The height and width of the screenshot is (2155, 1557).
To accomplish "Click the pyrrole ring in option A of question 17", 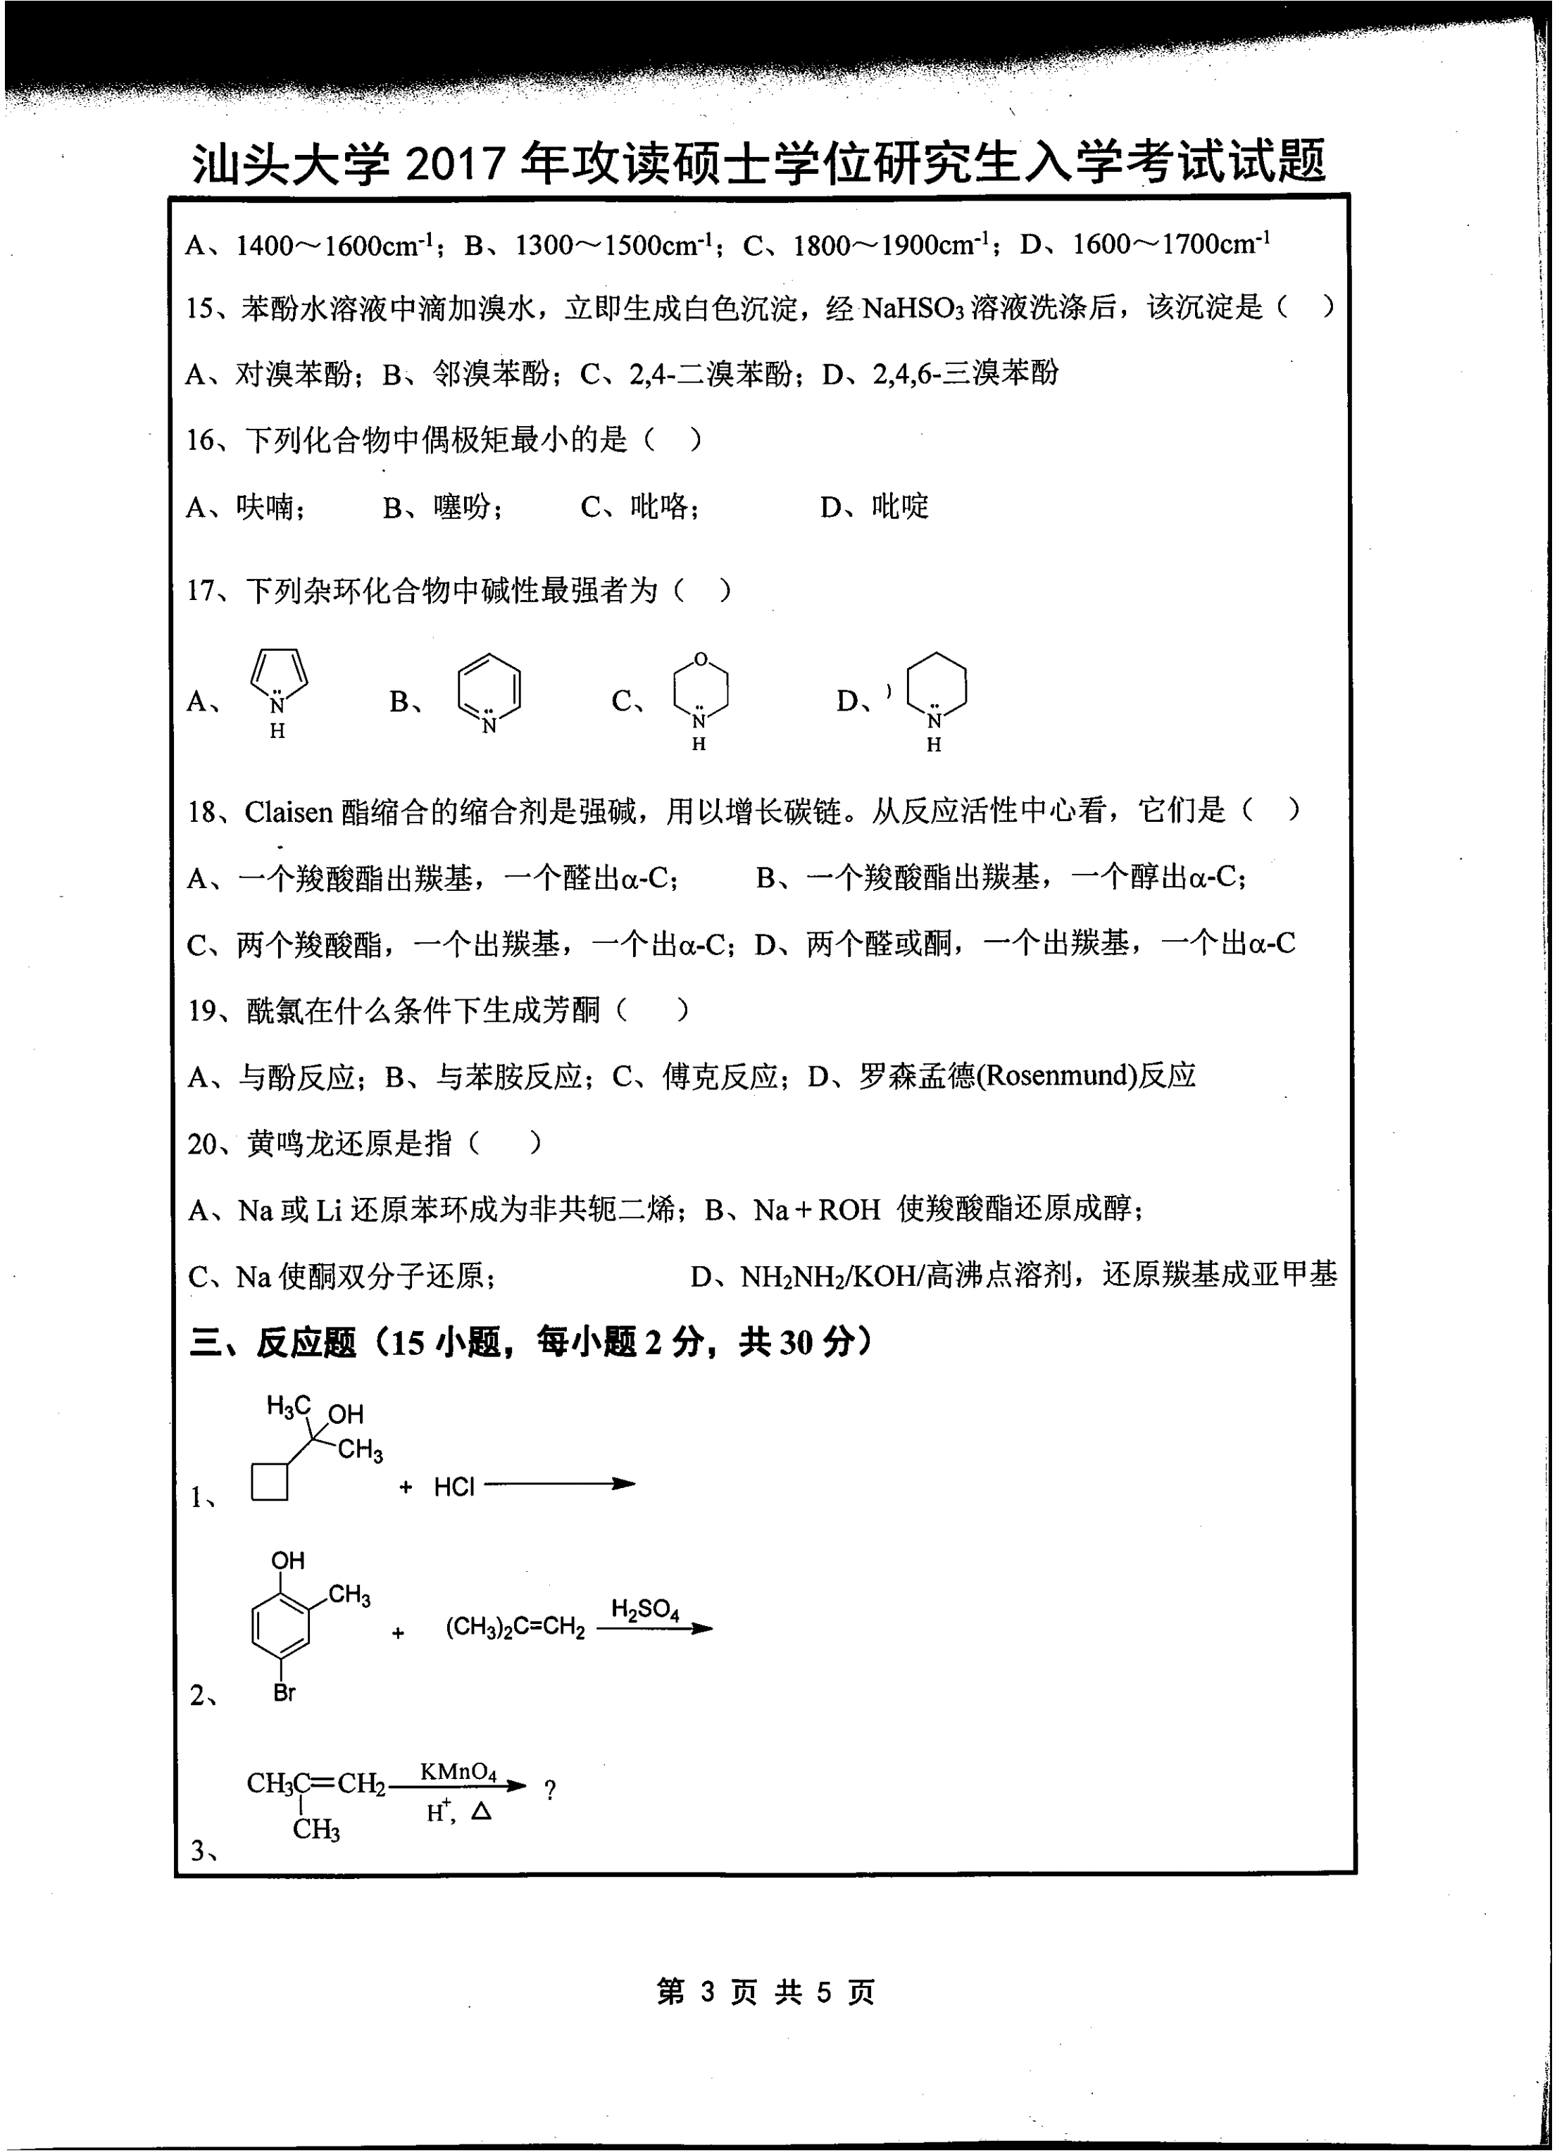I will click(x=278, y=675).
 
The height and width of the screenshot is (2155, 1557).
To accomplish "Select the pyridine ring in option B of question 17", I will click(x=489, y=687).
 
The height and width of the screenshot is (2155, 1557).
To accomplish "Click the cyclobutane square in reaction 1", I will click(x=270, y=1481).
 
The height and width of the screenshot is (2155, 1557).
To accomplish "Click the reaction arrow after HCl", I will click(x=561, y=1484).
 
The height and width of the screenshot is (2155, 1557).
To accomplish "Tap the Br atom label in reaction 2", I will click(x=284, y=1692).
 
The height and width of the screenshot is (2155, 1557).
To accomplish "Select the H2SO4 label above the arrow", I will click(x=645, y=1608).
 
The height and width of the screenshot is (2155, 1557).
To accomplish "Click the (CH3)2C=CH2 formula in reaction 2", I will click(x=515, y=1628).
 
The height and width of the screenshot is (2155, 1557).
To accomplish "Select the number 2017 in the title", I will click(x=455, y=163).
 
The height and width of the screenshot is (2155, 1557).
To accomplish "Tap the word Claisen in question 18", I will click(x=289, y=813).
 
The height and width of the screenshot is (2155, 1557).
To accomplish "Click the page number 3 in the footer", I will click(x=707, y=1991).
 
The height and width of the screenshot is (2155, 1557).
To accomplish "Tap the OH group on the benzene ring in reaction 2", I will click(x=288, y=1560).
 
